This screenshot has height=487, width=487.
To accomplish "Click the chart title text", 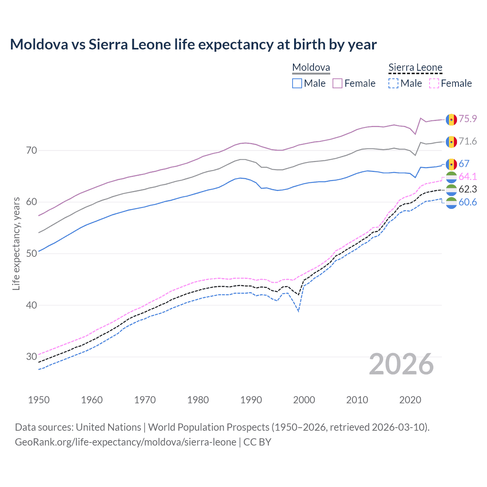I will click(193, 45).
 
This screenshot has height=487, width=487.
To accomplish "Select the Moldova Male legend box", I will click(297, 83).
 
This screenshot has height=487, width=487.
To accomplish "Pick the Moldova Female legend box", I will click(337, 83).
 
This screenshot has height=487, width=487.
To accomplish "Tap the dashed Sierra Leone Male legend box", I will click(393, 83).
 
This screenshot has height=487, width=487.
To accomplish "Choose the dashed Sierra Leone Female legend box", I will click(434, 83).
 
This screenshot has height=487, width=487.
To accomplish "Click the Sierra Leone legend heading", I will click(415, 68).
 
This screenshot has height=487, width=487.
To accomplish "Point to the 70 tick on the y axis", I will click(32, 150).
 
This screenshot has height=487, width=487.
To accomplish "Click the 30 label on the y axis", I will click(32, 356).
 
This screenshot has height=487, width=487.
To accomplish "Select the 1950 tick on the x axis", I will click(39, 400).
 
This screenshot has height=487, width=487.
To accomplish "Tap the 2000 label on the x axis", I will click(304, 400).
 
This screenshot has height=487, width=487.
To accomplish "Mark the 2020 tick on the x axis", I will click(410, 400).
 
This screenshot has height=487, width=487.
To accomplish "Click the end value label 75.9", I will click(468, 119).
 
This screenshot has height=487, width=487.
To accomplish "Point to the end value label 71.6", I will click(468, 142).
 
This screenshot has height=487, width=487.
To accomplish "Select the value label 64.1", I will click(468, 177).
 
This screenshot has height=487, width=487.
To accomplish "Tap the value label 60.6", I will click(468, 202).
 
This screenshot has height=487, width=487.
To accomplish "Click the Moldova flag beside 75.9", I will click(451, 119).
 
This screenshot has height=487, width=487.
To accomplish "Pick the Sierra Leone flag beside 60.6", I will click(451, 203).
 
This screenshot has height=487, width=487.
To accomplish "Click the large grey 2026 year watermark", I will click(401, 364).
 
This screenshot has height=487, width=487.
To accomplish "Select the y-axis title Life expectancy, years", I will click(16, 243).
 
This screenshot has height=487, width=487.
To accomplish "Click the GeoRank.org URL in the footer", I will click(126, 442).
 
